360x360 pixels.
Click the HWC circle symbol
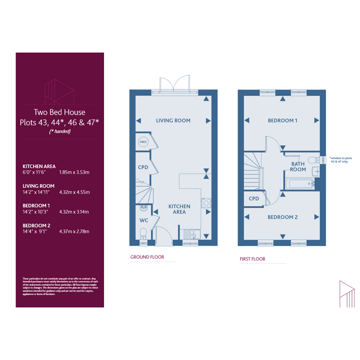143,142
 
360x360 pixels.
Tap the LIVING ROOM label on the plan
173,120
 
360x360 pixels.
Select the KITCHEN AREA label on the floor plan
179,209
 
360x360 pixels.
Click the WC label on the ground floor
144,221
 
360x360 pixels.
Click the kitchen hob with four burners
206,203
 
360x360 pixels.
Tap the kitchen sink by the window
192,234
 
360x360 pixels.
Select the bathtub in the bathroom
299,184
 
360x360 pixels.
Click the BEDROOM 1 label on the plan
282,120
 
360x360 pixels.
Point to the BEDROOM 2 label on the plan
282,217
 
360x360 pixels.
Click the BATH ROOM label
298,167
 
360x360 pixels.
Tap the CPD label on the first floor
254,198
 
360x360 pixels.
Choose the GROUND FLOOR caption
147,257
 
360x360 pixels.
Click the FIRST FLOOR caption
253,259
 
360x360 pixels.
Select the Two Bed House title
59,112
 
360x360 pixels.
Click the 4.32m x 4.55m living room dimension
74,192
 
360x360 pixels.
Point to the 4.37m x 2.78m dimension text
74,232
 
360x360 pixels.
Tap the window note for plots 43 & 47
341,160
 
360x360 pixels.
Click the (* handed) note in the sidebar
60,131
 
